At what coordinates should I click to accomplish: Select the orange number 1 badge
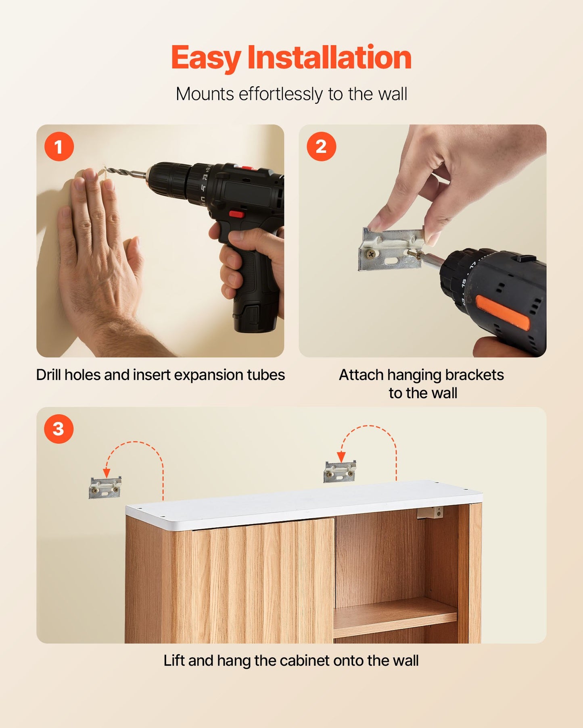point(59,147)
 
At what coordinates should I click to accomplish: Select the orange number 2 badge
point(321,147)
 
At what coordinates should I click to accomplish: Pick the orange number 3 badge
point(59,429)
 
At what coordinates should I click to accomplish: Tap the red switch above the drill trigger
point(236,214)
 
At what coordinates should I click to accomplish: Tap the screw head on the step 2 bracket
point(370,254)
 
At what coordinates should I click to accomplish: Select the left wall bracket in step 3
point(105,488)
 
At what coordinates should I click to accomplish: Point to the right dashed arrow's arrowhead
point(341,457)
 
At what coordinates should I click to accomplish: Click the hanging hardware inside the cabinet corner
point(430,513)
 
